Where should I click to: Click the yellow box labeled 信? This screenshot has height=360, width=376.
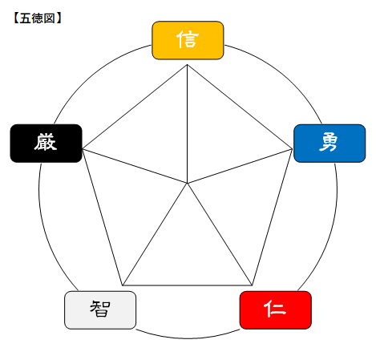coord(188,40)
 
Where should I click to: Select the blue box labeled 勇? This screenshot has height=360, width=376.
coord(330,143)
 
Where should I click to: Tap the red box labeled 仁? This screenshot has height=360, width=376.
coord(276,310)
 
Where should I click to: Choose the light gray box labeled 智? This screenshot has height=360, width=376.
coord(100,310)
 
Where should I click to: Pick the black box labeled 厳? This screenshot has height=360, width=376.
coord(46,143)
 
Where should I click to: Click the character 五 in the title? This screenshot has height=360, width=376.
coord(25,18)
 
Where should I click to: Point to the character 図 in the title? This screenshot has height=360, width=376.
coord(50,18)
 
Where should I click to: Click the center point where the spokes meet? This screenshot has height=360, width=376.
coord(187,184)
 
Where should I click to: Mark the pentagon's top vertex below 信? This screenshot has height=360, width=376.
coord(187,64)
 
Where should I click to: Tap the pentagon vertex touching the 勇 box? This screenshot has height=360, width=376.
coord(292,149)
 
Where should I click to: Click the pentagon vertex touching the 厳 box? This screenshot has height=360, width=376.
coord(83,149)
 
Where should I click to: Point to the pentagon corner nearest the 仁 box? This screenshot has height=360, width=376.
coord(252,285)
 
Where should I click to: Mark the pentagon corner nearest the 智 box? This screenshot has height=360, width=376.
coord(123,285)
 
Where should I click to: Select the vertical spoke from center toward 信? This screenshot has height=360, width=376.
coord(187,123)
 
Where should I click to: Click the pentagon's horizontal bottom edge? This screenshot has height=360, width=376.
coord(187,285)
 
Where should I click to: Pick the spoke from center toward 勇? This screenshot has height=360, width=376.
coord(240,166)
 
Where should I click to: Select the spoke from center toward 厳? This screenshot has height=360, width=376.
coord(135,166)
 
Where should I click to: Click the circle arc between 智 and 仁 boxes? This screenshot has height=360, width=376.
coord(188,338)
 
